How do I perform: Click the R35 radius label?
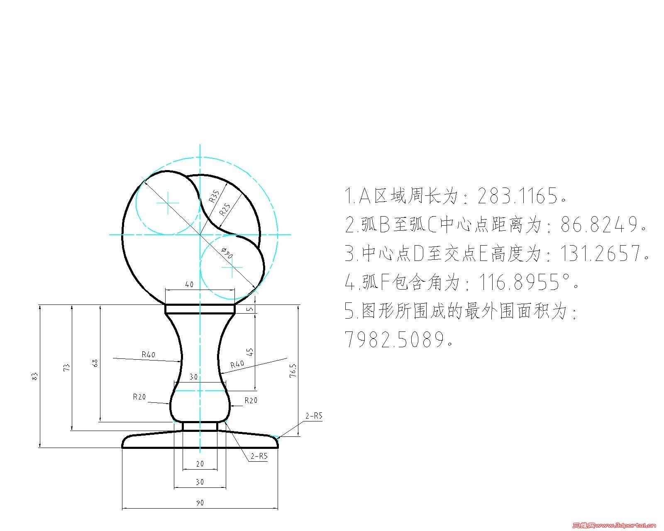(214, 197)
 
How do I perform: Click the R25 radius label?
(225, 209)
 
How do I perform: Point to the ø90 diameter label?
(227, 253)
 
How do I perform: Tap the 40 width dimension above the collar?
(190, 284)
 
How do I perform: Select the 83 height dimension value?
(34, 376)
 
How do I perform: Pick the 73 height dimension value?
(67, 368)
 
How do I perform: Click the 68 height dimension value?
(95, 363)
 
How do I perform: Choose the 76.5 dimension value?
(293, 370)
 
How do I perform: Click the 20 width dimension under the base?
(200, 464)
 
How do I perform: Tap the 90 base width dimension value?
(200, 503)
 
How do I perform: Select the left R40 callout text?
(149, 355)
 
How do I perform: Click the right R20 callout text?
(251, 400)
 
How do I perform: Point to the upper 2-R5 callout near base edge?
(314, 416)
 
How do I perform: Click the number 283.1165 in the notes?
(518, 196)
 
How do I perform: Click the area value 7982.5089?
(394, 339)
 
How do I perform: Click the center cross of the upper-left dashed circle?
(168, 203)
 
